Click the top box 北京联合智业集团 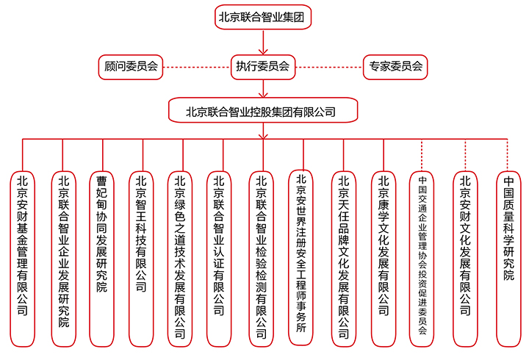tap(263, 17)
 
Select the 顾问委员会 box tap(131, 67)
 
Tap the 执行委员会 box tap(263, 67)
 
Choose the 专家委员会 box tap(395, 67)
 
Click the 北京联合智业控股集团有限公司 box tap(263, 110)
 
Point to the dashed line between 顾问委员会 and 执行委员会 tap(197, 67)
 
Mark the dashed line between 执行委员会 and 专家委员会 tap(329, 67)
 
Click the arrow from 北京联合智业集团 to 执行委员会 tap(263, 42)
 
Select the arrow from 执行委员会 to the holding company tap(263, 89)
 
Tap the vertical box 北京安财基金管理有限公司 tap(23, 259)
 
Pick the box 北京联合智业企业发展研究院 tap(64, 259)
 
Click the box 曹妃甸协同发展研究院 tap(102, 259)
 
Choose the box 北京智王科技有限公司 tap(141, 259)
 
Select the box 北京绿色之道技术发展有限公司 tap(180, 259)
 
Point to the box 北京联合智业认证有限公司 tap(219, 259)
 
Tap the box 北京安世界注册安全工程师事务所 tap(301, 257)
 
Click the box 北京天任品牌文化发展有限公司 tap(344, 259)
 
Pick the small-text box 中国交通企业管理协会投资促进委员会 tap(422, 259)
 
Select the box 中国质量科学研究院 tap(508, 259)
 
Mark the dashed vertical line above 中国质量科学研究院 tap(508, 155)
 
